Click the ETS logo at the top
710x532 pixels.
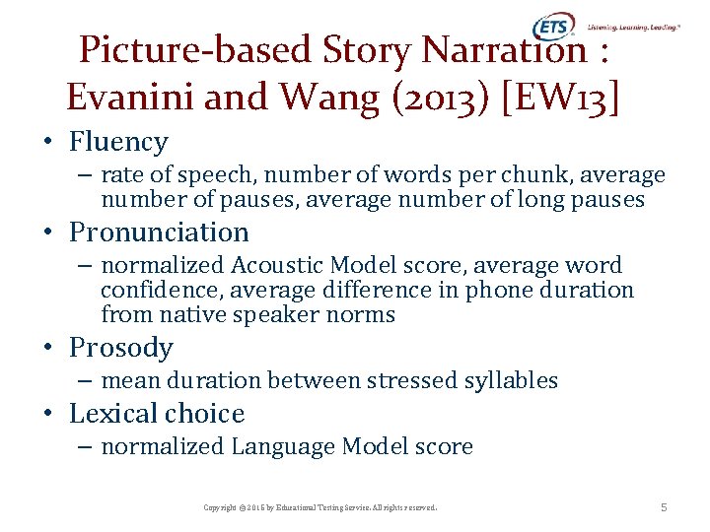pyautogui.click(x=553, y=28)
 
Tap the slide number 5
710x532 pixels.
pyautogui.click(x=664, y=507)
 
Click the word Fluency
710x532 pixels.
pyautogui.click(x=118, y=142)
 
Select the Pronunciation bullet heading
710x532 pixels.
pyautogui.click(x=159, y=233)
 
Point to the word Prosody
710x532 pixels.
pyautogui.click(x=120, y=348)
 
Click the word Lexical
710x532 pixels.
pyautogui.click(x=114, y=414)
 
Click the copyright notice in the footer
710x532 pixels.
pyautogui.click(x=319, y=507)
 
